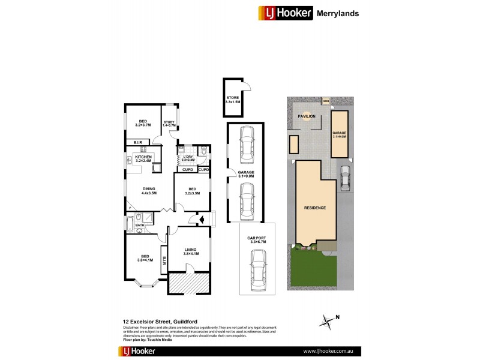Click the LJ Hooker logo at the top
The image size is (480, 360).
point(285,13)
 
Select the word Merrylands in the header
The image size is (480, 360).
point(338,13)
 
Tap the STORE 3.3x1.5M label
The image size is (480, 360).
point(232,100)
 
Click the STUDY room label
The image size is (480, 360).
point(169,124)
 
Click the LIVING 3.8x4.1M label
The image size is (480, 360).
point(189,251)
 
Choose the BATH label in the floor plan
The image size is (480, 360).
point(139,226)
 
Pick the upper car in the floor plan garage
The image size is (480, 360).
point(245,145)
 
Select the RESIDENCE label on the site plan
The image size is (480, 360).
point(314,208)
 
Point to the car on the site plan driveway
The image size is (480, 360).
point(344,178)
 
